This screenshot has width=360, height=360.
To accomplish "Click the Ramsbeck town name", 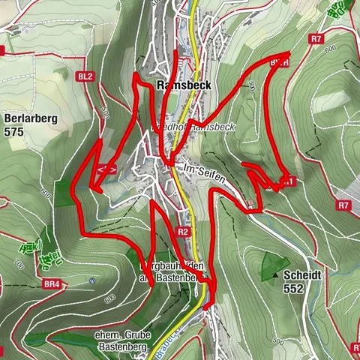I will click(184, 85).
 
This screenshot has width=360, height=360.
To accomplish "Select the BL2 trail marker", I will click(85, 76).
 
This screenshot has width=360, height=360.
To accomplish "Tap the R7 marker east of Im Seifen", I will click(343, 205).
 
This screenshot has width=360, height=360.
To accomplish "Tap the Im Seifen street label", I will click(203, 170).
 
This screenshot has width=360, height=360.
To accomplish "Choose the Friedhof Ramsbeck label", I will click(196, 127).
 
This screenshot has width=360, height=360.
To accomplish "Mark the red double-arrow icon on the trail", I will click(106, 170).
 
